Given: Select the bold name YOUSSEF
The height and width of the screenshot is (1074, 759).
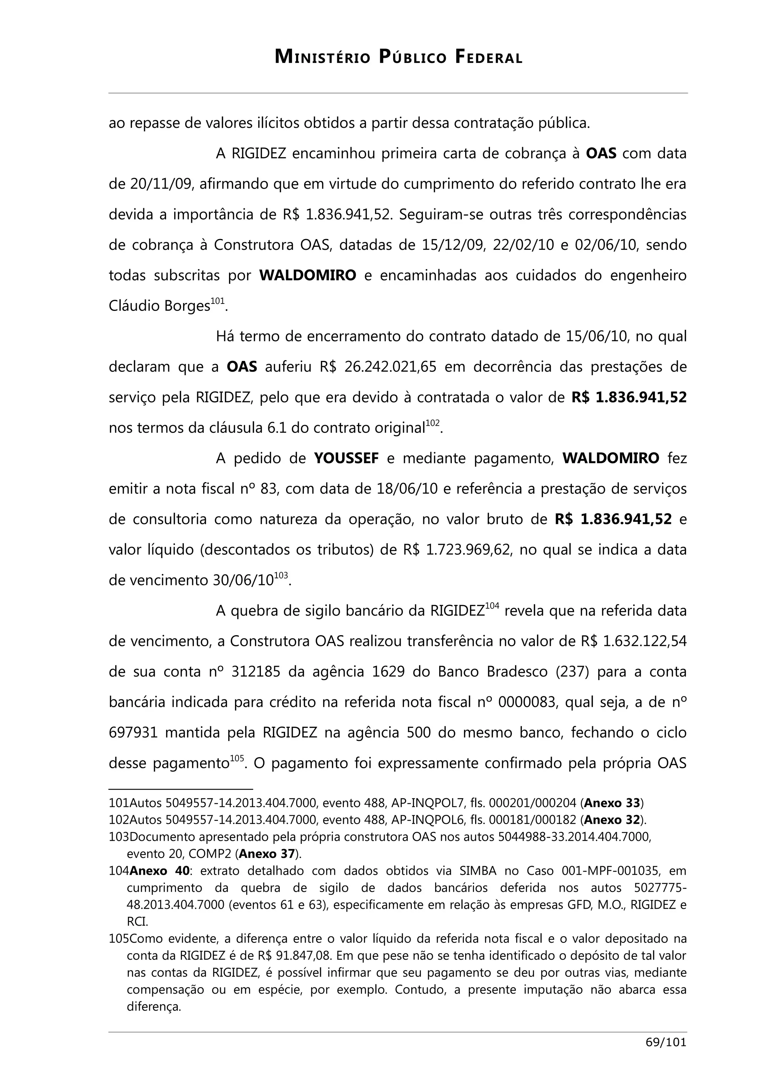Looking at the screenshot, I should [346, 458].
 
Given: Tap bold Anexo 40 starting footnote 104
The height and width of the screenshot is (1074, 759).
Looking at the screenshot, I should [159, 871].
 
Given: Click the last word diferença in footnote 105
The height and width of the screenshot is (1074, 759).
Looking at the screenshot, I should [153, 1006].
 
